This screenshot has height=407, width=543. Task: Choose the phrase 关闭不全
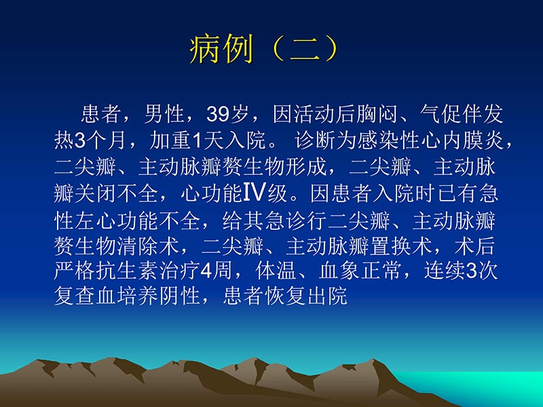point(124,194)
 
